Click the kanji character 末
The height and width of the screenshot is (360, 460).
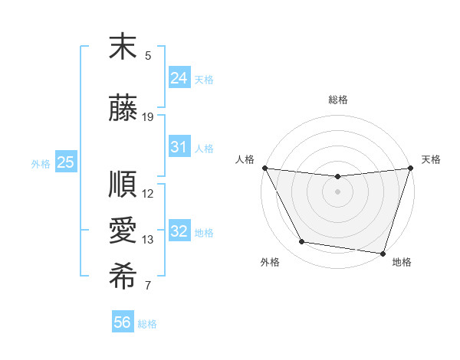coord(123,47)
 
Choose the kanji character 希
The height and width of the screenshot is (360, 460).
coord(123,278)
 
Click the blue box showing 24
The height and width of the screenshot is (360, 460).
coord(179,77)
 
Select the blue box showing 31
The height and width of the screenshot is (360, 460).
coord(179,147)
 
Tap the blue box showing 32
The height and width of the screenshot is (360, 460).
coord(179,231)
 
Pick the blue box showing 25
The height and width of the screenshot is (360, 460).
coord(65,162)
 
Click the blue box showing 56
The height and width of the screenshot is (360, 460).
coord(123,322)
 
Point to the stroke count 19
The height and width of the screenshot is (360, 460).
coord(149,116)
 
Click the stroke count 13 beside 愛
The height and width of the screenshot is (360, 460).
coord(149,240)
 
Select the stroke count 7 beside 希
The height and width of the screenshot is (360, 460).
coord(149,286)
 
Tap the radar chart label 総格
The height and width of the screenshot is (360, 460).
coord(338,100)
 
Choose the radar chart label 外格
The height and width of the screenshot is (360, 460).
coord(270,262)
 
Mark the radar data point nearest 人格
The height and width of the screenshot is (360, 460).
coord(264,168)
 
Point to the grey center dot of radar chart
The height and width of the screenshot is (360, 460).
coord(337,191)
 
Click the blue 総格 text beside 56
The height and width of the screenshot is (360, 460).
coord(148,324)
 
